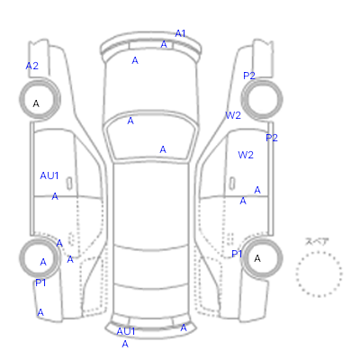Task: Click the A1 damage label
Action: (180, 33)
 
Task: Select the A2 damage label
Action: (32, 66)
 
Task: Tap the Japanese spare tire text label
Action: (317, 241)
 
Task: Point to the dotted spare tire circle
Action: (319, 252)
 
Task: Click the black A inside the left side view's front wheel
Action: (36, 103)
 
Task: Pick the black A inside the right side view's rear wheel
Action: (257, 258)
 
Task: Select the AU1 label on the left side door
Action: (49, 175)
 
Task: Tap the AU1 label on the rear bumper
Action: (126, 331)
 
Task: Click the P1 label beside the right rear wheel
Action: (237, 255)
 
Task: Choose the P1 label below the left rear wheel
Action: (40, 283)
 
